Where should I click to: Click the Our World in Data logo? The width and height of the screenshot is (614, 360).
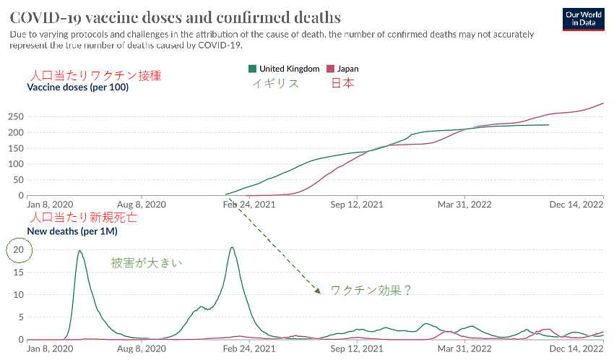click(584, 19)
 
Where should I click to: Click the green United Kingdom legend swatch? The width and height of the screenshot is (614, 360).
click(252, 69)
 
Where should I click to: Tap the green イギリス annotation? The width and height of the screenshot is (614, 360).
click(275, 83)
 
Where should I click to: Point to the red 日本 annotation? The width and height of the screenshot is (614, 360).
click(342, 83)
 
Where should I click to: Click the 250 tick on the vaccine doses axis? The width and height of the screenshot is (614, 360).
click(16, 116)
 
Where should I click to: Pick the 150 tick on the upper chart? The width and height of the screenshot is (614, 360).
click(16, 148)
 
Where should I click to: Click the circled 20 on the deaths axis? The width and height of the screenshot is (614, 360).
click(20, 250)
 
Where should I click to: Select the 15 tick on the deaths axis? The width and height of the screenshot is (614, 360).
click(20, 273)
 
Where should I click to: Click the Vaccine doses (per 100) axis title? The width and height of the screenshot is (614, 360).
click(77, 87)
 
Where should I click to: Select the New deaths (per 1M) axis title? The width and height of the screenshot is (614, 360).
click(72, 231)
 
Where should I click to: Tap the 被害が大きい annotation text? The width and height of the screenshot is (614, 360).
click(147, 263)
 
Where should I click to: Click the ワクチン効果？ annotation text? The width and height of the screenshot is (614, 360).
click(371, 290)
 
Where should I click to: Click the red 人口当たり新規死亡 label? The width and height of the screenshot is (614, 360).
click(82, 218)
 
